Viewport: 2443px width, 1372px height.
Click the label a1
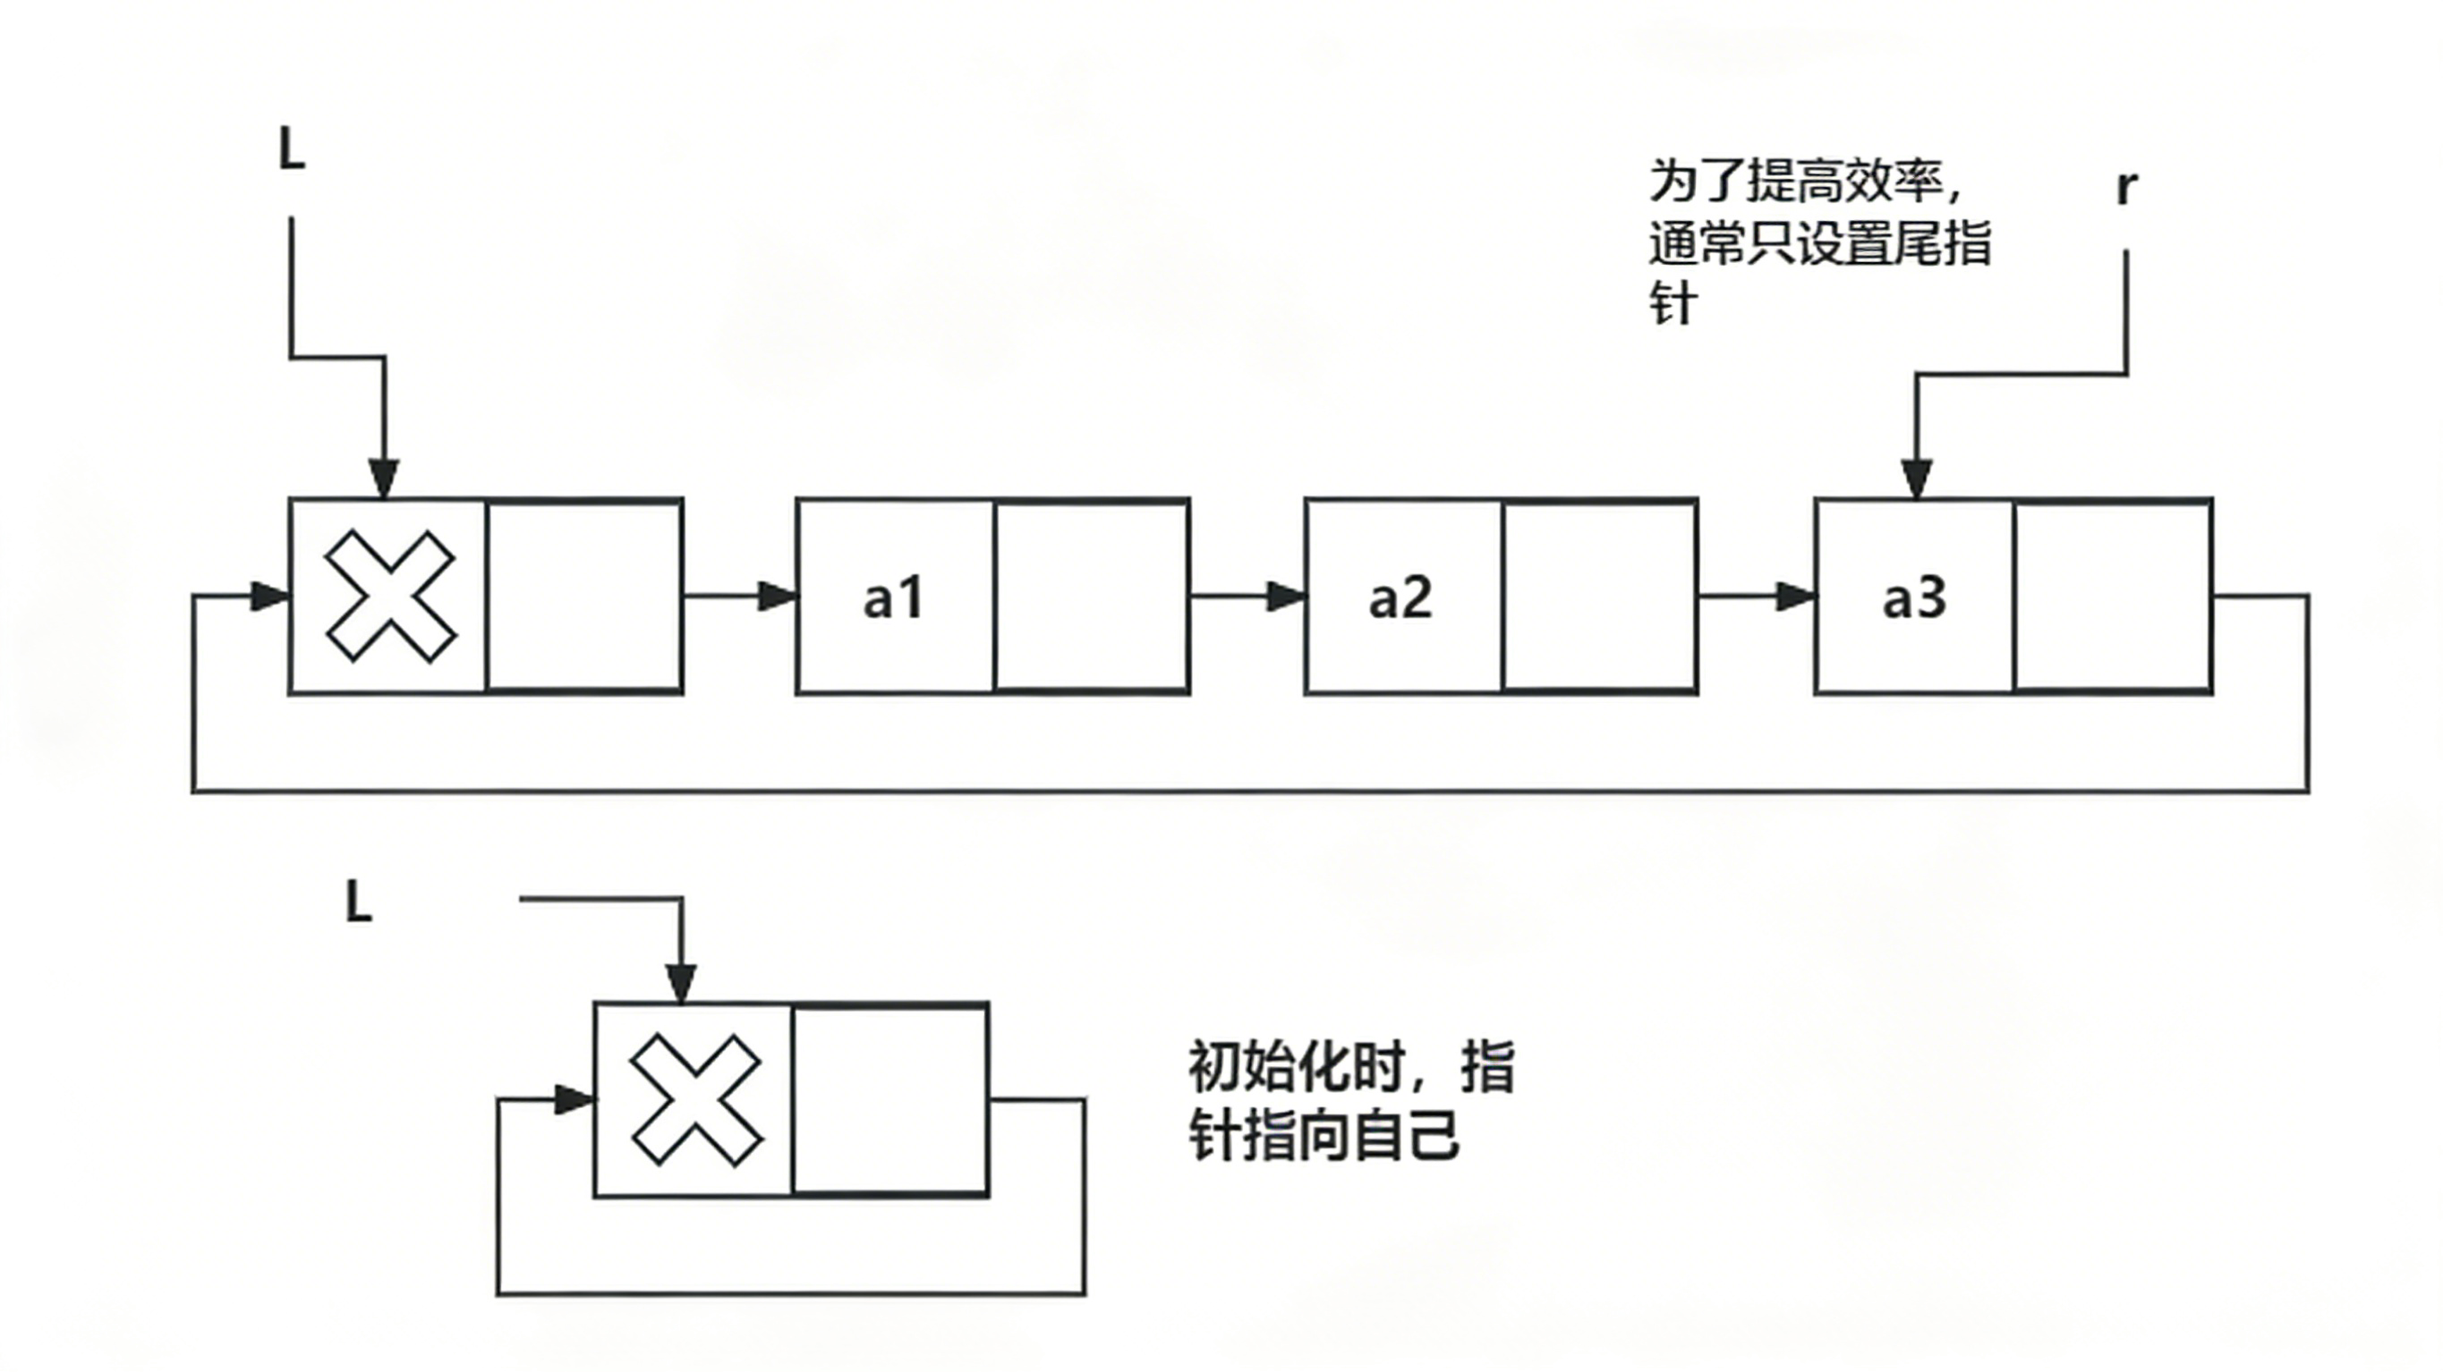(892, 598)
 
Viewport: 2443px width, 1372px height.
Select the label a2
(1400, 598)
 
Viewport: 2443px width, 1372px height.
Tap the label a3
(1914, 598)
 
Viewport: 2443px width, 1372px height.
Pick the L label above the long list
(292, 149)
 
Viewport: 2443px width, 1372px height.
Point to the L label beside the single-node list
(358, 902)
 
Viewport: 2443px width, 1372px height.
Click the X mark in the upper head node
(389, 597)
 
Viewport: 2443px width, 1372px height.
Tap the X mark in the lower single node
(695, 1100)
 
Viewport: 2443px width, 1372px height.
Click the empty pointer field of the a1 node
(1092, 597)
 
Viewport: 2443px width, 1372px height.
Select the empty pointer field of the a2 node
(1600, 597)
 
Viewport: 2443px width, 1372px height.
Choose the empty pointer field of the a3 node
(2113, 597)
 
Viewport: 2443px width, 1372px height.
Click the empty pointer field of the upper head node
(583, 597)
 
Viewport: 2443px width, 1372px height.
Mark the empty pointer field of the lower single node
(890, 1100)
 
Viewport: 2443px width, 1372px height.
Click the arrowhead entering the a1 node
(778, 597)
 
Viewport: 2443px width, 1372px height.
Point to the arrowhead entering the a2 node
(1286, 597)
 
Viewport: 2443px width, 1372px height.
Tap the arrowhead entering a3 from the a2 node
(1795, 597)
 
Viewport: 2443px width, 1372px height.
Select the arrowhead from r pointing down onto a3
(1916, 479)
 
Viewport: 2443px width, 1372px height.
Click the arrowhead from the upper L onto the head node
(384, 479)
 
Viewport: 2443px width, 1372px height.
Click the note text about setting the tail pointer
(1819, 241)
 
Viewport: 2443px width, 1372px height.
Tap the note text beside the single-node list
(1351, 1101)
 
